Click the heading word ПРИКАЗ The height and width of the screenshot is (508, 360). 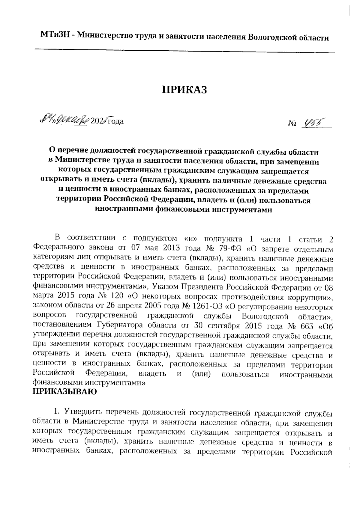pyautogui.click(x=184, y=89)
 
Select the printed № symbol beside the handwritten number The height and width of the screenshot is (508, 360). pyautogui.click(x=292, y=123)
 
